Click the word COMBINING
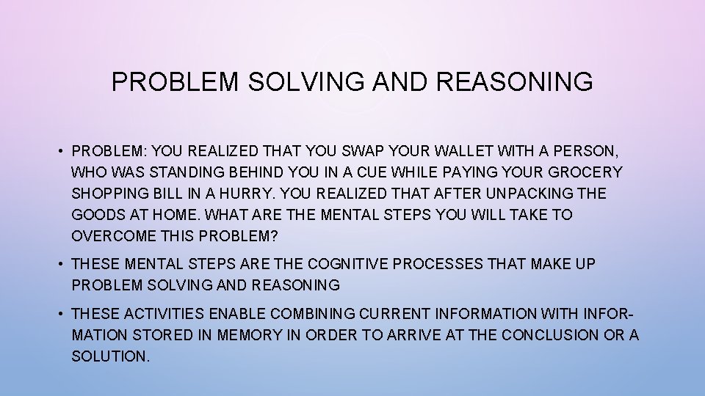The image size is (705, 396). pyautogui.click(x=314, y=314)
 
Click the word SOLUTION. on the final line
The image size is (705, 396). pyautogui.click(x=110, y=356)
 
